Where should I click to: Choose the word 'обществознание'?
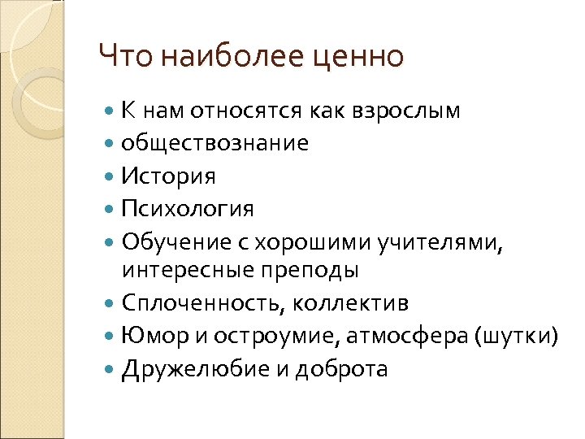[214, 143]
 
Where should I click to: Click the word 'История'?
[168, 176]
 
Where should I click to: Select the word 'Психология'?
[188, 209]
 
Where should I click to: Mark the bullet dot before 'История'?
[110, 176]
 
